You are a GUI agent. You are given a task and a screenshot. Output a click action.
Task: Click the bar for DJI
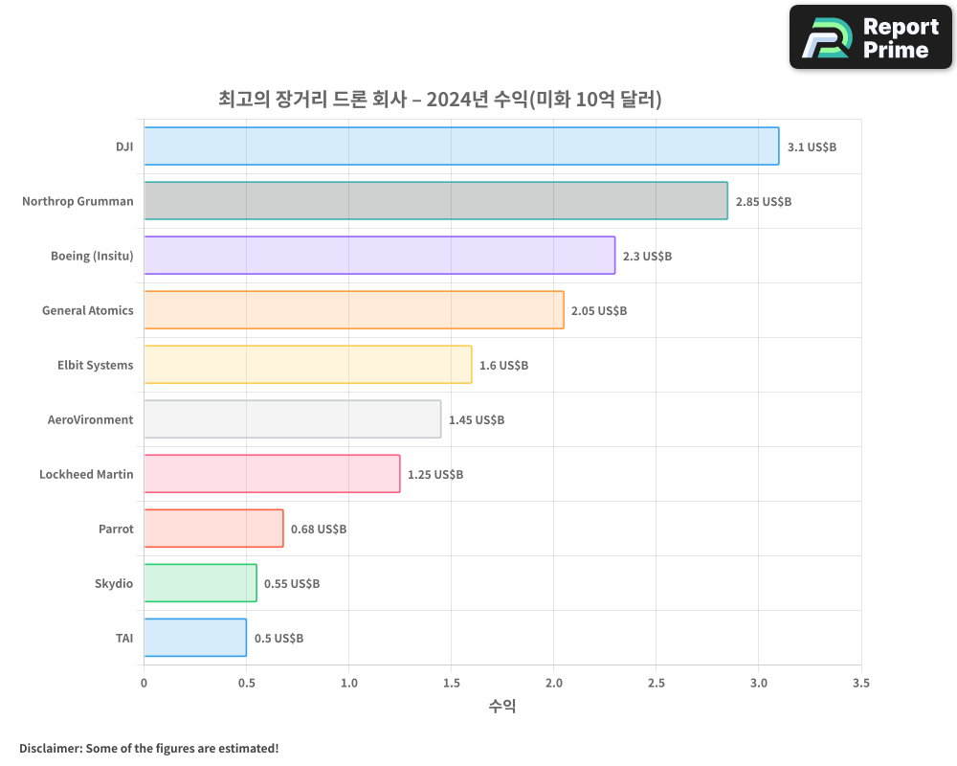click(x=461, y=146)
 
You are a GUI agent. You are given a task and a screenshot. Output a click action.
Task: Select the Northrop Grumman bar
click(x=435, y=201)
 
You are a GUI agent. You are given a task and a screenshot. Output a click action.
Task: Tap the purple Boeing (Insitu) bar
click(x=379, y=256)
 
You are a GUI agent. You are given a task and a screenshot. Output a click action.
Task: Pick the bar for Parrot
click(x=213, y=529)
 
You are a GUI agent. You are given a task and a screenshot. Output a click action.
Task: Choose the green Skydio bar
click(x=200, y=583)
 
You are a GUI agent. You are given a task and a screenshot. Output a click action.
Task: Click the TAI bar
click(x=195, y=638)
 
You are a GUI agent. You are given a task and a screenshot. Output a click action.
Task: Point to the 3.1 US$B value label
click(x=812, y=147)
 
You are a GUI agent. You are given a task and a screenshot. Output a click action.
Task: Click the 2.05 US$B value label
click(x=599, y=311)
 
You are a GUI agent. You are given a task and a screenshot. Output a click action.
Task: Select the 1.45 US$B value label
click(x=477, y=420)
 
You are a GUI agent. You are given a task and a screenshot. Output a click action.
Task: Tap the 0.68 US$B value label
click(x=319, y=529)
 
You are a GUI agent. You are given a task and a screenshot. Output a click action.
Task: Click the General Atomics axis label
click(x=88, y=311)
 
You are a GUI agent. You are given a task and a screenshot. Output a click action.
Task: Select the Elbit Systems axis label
click(x=96, y=366)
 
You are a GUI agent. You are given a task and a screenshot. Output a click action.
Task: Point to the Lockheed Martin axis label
click(x=86, y=475)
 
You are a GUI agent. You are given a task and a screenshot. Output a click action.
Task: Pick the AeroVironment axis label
click(x=91, y=420)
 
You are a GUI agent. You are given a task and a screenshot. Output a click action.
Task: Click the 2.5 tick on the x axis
click(x=656, y=684)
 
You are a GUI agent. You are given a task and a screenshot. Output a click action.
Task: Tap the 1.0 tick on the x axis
click(x=348, y=684)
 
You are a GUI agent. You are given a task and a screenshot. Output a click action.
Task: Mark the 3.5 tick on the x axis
click(x=860, y=684)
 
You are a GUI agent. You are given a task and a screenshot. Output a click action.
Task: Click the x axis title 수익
click(x=502, y=707)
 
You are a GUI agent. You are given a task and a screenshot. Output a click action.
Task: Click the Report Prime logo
click(x=870, y=37)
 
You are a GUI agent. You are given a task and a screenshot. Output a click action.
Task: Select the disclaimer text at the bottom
click(x=149, y=748)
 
